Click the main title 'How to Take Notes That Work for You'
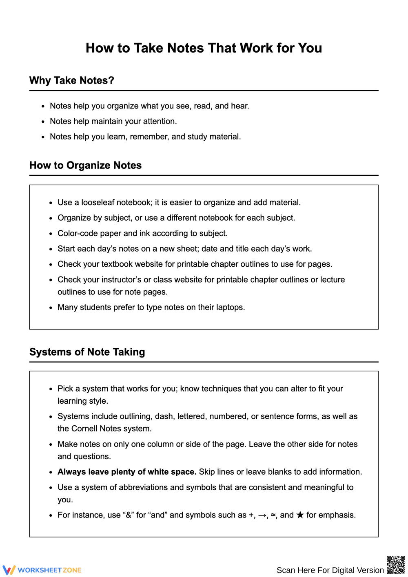coord(204,48)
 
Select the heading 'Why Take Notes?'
coord(72,80)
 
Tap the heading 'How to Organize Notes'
coord(85,165)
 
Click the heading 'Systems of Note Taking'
coord(87,352)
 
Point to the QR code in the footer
coord(395,564)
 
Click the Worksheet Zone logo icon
coord(9,570)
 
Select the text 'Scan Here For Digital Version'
coord(330,570)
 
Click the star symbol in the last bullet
coord(300,515)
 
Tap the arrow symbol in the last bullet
coord(262,515)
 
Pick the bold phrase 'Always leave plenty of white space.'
coord(127,472)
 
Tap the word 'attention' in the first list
coord(160,121)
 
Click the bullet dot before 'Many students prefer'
coord(51,308)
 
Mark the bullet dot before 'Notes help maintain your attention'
coord(43,122)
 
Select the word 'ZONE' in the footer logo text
coord(72,570)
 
